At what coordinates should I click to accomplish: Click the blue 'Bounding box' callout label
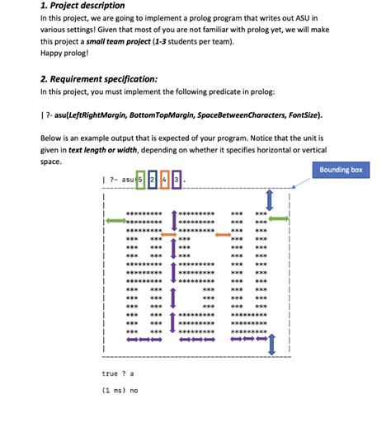[342, 170]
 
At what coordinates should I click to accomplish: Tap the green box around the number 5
[139, 178]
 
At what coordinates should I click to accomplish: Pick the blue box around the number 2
[153, 178]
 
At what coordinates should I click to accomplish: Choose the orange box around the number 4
[165, 178]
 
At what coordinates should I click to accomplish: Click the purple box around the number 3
[177, 178]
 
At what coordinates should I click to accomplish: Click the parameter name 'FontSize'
[300, 115]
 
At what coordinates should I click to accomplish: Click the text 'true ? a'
[116, 373]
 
